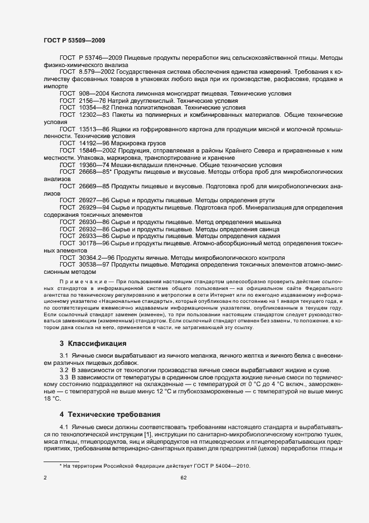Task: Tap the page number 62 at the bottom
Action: [184, 478]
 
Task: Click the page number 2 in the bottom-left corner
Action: [45, 478]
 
